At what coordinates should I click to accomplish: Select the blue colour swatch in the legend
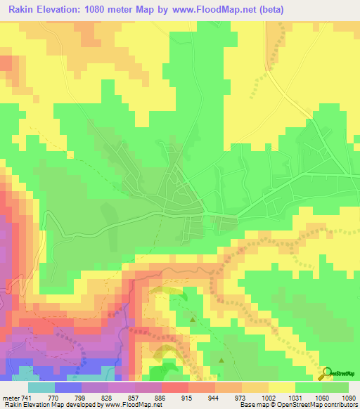67,388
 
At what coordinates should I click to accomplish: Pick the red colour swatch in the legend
175,388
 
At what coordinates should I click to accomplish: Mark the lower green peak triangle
221,360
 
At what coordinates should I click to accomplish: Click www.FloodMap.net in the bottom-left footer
131,405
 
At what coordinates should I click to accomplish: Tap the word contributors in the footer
339,405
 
